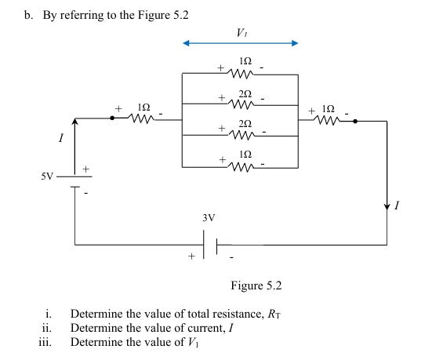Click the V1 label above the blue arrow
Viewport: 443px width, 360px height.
240,32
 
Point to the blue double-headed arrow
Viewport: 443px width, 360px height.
240,43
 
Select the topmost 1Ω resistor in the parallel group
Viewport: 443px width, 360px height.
240,75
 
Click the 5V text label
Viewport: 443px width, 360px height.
48,176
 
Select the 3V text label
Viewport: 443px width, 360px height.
209,217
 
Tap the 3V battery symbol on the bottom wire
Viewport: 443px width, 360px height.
210,245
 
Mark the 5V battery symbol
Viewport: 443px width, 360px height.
74,181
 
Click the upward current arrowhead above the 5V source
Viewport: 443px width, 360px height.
74,122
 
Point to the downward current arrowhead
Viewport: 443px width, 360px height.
387,205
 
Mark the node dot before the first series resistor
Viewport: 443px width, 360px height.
113,120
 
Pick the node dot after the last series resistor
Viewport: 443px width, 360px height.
355,121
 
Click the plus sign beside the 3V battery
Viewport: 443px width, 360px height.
190,256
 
